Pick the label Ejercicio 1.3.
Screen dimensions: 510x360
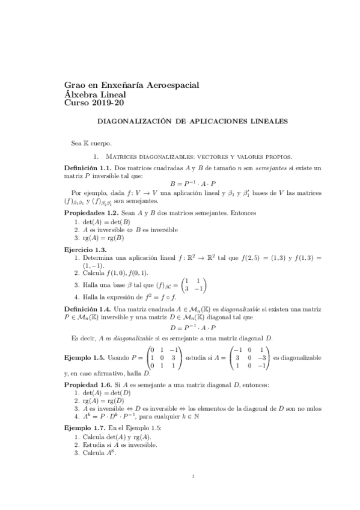tap(86, 248)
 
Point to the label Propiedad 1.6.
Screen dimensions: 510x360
tap(88, 384)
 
